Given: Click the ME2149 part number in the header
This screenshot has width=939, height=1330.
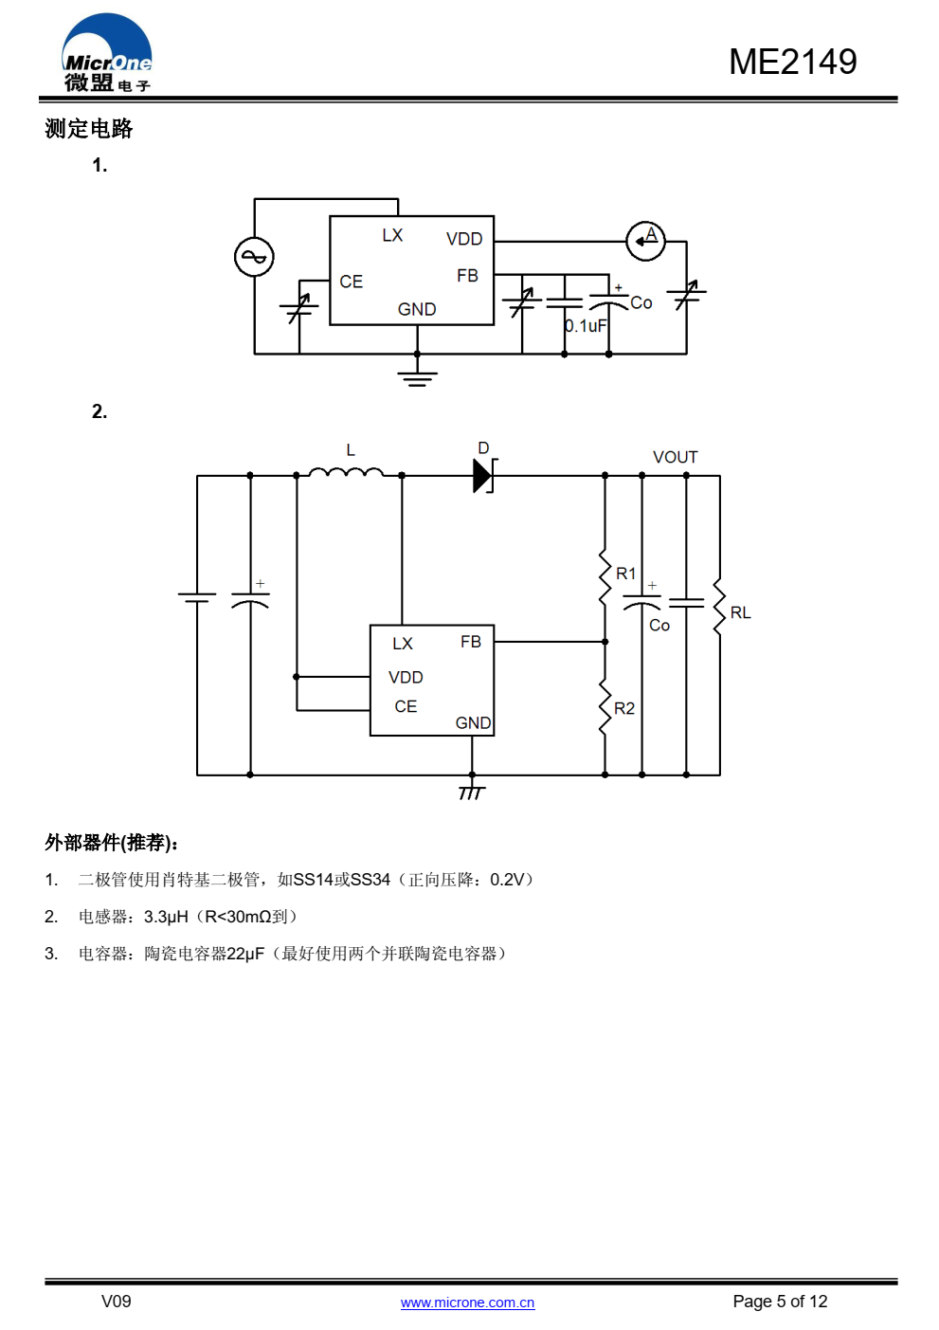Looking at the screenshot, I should coord(792,62).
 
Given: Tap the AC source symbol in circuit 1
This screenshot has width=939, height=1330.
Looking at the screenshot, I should coord(254,257).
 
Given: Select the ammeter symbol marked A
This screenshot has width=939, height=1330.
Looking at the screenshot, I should coord(646,240).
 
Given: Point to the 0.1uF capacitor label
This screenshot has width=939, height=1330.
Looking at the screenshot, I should coord(586,326).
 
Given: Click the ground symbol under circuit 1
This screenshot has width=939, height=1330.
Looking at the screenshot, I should coord(417,377).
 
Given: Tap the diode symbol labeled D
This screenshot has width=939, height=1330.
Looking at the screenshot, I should coord(484,475).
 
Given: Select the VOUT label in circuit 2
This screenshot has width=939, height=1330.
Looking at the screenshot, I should coord(675,457).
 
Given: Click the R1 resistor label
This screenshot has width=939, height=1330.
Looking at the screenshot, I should coord(625,574).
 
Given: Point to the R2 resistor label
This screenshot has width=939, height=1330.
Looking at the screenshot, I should coord(623,708).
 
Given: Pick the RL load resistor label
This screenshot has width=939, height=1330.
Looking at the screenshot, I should coord(740,612).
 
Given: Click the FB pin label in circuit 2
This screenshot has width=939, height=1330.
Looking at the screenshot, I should coord(470,642).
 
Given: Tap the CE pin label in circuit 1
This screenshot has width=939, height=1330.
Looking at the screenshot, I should coord(351,282).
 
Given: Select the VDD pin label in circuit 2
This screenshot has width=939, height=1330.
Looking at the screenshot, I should coord(406,677).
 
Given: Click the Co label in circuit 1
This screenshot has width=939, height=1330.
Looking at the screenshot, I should coord(641,302).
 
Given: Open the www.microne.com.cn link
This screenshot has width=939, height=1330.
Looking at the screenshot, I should coord(467,1303).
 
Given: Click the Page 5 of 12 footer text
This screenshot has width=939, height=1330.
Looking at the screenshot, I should coord(780,1302).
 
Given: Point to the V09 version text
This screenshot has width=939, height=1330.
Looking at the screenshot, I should coord(116,1301).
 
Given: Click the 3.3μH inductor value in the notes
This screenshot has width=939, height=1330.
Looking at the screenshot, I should coord(166,917).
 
